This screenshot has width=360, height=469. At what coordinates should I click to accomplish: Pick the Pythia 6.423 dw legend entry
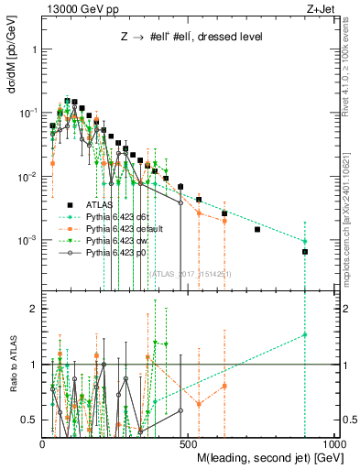[114, 239]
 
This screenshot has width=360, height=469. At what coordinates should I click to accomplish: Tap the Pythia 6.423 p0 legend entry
[114, 250]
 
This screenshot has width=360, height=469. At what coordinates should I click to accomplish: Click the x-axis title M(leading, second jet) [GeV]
[264, 456]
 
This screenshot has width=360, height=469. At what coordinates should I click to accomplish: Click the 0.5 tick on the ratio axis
[32, 420]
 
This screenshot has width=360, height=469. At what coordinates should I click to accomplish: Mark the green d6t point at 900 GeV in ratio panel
[305, 335]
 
